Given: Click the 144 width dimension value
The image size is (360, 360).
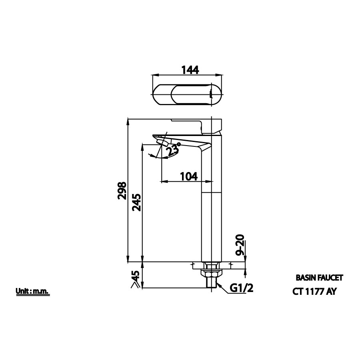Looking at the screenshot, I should click(190, 69).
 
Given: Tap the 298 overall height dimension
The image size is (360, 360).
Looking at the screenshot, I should click(122, 191).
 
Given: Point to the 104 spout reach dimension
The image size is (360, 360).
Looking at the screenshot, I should click(188, 176).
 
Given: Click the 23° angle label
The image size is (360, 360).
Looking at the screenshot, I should click(174, 149).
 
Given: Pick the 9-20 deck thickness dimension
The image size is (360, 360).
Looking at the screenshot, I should click(240, 246).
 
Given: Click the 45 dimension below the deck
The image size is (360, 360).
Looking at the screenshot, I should click(135, 276).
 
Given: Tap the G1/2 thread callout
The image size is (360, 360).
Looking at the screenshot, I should click(242, 288).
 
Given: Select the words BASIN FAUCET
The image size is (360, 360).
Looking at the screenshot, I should click(319, 277).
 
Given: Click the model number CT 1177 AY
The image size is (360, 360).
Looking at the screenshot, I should click(314, 292).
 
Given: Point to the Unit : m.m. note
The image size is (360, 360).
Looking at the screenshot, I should click(32, 292).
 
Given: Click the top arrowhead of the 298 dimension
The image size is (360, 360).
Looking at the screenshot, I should click(128, 122).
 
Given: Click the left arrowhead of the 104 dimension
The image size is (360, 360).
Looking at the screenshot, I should click(162, 181).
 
